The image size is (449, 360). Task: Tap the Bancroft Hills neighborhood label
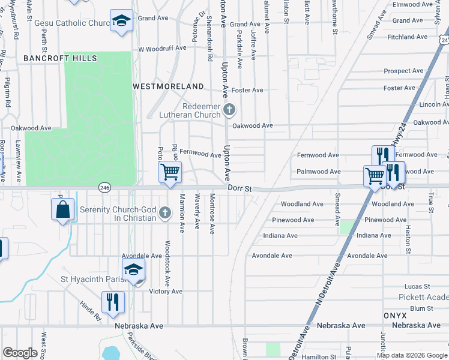point(60,58)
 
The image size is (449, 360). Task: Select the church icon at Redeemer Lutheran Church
point(229,110)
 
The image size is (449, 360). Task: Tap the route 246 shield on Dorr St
point(104,188)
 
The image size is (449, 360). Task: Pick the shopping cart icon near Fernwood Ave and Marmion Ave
point(170,172)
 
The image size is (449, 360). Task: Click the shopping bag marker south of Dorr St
point(62,210)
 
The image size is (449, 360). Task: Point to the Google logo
point(20,352)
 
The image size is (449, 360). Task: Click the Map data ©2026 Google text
point(412,355)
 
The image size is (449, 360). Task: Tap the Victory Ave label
point(166,292)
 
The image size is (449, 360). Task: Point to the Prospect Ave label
point(404,71)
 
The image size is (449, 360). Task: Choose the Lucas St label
point(418,287)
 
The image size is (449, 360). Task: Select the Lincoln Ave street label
point(429,104)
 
